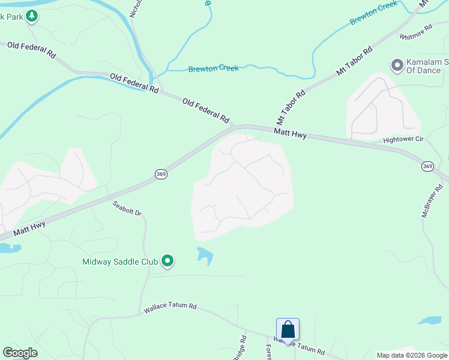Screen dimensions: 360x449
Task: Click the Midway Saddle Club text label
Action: [120, 262]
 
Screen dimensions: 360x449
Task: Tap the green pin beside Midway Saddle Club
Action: [168, 261]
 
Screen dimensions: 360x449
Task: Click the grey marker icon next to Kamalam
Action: [396, 65]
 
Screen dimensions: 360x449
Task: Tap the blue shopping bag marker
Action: [288, 329]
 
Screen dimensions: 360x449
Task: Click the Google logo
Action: [20, 353]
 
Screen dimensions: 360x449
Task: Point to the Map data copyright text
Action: [412, 355]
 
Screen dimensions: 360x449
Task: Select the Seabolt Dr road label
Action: [127, 208]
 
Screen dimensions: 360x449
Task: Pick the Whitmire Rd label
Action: [416, 32]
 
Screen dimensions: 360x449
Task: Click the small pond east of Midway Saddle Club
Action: [205, 256]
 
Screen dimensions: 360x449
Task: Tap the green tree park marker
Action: [31, 16]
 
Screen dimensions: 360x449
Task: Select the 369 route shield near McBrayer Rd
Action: [427, 166]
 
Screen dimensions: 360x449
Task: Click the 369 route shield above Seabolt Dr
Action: [161, 174]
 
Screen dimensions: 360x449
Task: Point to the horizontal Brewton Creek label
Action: [213, 68]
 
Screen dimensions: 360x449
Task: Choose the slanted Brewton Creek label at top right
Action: [375, 12]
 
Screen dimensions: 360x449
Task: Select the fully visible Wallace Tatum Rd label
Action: [170, 307]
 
